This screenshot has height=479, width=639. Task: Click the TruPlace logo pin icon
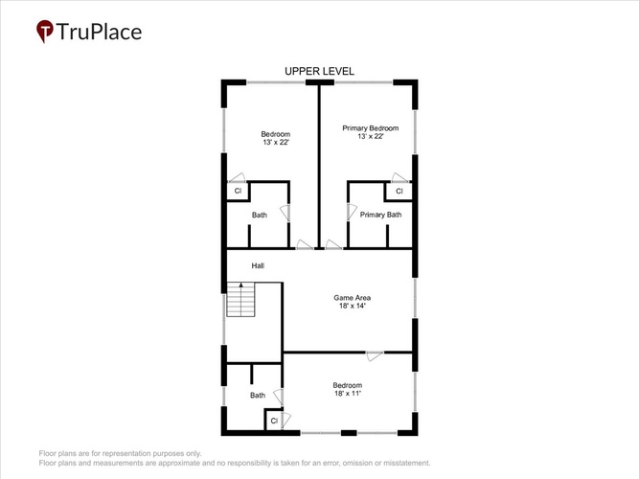click(44, 31)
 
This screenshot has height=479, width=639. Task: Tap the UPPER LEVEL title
click(319, 71)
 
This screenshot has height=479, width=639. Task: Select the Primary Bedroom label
click(371, 128)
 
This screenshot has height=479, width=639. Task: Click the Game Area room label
click(353, 298)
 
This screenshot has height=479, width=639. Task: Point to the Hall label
click(258, 265)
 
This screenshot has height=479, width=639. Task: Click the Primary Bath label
click(380, 215)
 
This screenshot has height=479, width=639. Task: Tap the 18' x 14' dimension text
click(353, 306)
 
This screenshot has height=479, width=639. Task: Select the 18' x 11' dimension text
click(348, 394)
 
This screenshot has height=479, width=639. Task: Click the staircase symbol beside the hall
click(240, 299)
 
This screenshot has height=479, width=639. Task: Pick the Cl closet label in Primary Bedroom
click(399, 191)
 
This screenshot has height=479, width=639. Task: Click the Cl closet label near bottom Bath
click(274, 421)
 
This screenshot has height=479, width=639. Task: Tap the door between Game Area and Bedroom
click(375, 355)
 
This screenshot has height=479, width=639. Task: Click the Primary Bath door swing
click(352, 212)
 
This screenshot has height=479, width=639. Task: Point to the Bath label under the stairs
click(258, 395)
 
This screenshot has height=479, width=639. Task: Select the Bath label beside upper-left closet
click(260, 215)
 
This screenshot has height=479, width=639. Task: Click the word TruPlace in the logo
click(99, 32)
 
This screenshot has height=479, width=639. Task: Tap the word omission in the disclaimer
click(357, 463)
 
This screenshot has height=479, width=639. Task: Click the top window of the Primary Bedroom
click(363, 82)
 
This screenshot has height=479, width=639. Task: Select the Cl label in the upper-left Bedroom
click(238, 191)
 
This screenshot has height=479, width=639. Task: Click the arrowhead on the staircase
click(240, 285)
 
